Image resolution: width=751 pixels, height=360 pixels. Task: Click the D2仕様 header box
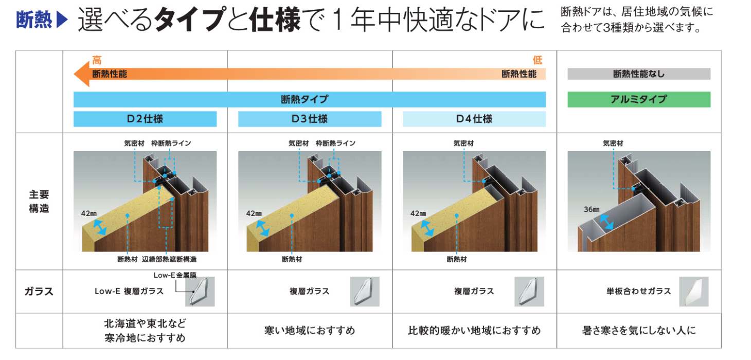point(145,119)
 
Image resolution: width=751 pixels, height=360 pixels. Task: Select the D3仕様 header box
point(310,119)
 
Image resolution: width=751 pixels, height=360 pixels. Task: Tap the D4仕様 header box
point(474,119)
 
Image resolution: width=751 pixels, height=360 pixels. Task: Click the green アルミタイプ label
point(639,99)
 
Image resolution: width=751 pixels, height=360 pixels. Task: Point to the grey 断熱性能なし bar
point(639,74)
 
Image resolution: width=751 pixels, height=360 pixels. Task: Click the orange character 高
point(97,60)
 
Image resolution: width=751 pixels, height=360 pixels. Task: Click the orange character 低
point(538,60)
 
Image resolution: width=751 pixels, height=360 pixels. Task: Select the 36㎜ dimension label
point(592,209)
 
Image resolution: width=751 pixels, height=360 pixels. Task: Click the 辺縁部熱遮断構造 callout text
point(169,259)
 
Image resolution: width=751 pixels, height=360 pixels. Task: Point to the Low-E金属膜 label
point(175,275)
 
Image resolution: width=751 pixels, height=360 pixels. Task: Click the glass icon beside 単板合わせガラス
point(694,291)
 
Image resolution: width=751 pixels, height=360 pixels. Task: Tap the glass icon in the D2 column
point(200,291)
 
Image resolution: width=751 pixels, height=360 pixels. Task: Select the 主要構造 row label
point(39,201)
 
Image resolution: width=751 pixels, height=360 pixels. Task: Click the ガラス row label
point(39,291)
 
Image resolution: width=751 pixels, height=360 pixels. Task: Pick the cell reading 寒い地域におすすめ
point(310,331)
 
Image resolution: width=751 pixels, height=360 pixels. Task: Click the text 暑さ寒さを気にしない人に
point(639,331)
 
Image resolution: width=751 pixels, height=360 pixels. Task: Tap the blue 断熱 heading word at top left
point(34,20)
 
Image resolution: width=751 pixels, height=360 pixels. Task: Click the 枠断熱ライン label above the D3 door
point(335,143)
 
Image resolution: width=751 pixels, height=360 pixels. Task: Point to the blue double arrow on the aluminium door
point(606,222)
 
